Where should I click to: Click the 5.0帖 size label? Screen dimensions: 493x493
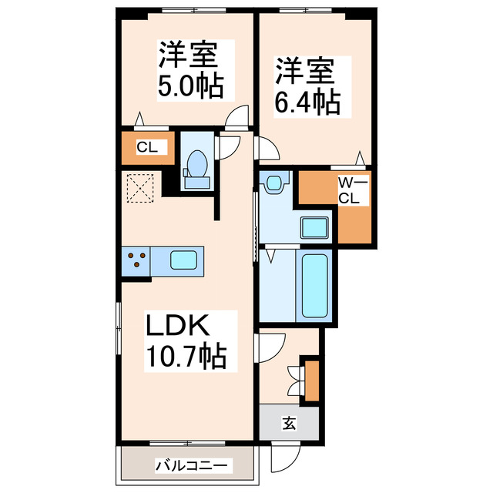coord(190,86)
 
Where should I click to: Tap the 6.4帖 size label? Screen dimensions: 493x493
coord(307,101)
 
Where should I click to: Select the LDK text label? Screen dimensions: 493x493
coord(178,327)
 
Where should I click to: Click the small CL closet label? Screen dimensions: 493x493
coord(146,147)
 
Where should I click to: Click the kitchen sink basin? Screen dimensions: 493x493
coord(184,260)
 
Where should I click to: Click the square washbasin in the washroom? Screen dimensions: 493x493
coord(315,228)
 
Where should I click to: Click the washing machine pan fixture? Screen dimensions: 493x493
coord(274,183)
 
